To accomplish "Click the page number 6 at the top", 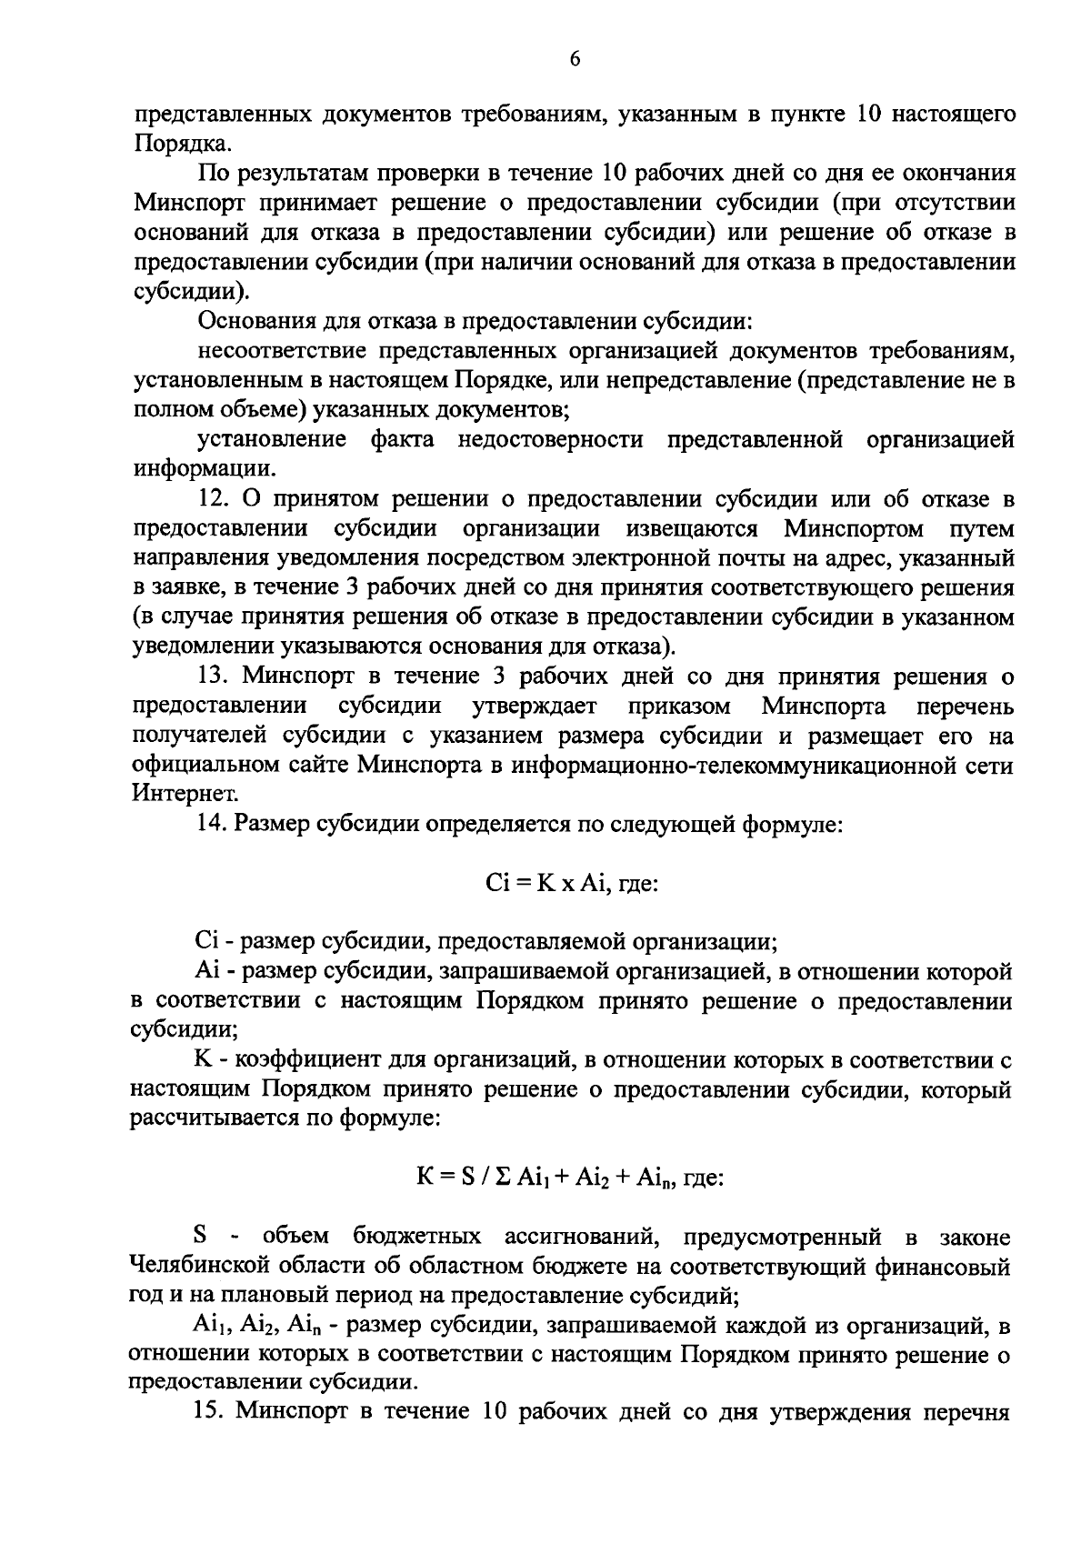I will (574, 60).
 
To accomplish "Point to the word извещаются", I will (692, 528).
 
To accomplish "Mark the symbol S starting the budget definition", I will (201, 1237).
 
